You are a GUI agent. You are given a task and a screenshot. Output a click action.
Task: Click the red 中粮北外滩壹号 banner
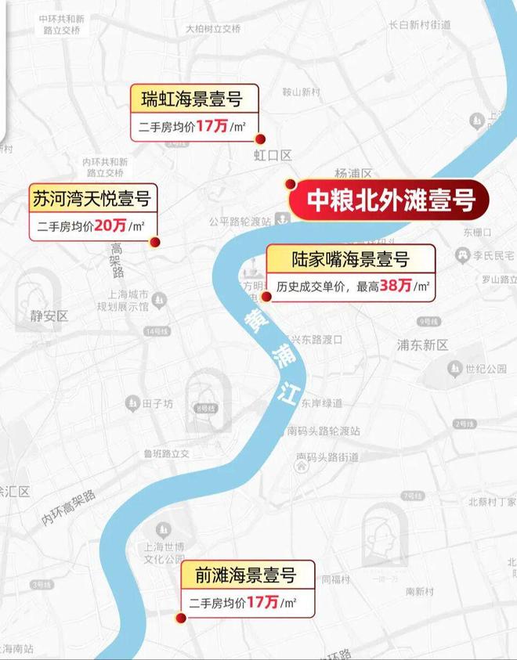390,200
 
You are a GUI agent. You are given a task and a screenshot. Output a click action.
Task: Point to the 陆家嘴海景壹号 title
350,259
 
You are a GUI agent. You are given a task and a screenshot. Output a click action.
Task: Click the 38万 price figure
396,287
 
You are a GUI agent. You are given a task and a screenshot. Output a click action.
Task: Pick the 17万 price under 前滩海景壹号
262,603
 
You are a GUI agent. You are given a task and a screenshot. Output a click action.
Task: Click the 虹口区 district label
272,156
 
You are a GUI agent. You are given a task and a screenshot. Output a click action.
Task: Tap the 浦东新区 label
422,344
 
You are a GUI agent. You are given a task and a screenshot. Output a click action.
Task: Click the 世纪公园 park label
486,368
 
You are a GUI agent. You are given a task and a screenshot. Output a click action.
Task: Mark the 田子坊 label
157,402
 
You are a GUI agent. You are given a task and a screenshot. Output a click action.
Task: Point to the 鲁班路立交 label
166,453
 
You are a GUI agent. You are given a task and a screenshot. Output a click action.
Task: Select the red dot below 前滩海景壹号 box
180,618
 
